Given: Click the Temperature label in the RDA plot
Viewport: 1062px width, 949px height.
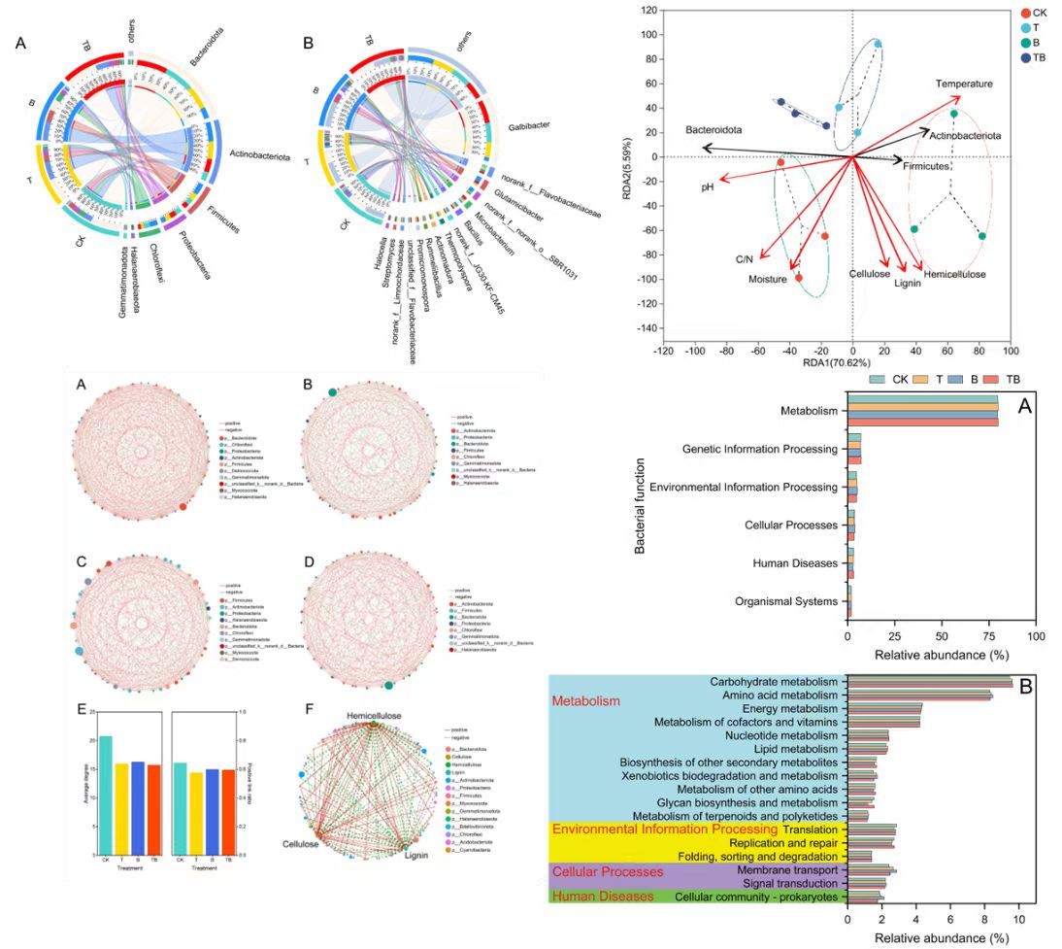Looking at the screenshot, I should pos(964,84).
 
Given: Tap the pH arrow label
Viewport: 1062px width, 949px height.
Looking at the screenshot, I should pos(708,186).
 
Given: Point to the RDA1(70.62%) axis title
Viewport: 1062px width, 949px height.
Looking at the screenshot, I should pos(850,363).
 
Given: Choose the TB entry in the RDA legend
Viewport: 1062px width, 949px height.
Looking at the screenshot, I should pos(1040,58).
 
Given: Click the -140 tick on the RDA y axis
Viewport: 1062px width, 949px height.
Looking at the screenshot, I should pos(643,328).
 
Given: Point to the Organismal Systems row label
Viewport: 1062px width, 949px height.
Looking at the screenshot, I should pos(785,601).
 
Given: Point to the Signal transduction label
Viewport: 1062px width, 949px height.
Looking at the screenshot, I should pos(788,884).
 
